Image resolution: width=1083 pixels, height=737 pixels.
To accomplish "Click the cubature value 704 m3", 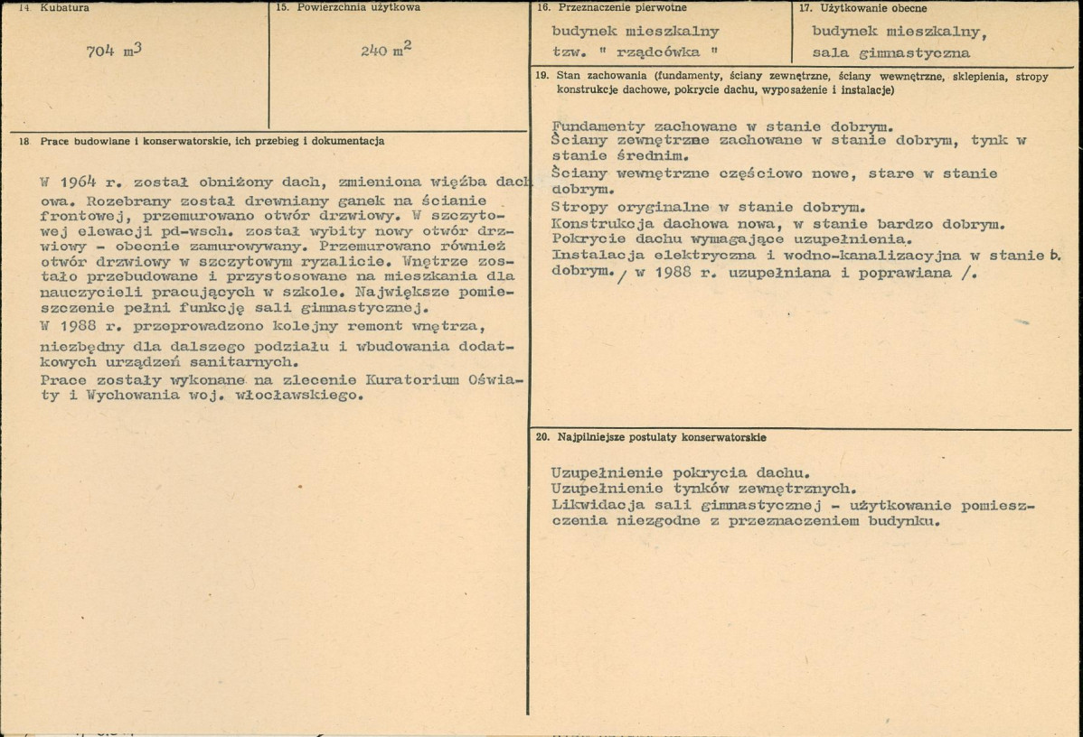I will tap(112, 51).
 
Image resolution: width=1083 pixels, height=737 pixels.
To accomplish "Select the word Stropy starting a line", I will tap(579, 206).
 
